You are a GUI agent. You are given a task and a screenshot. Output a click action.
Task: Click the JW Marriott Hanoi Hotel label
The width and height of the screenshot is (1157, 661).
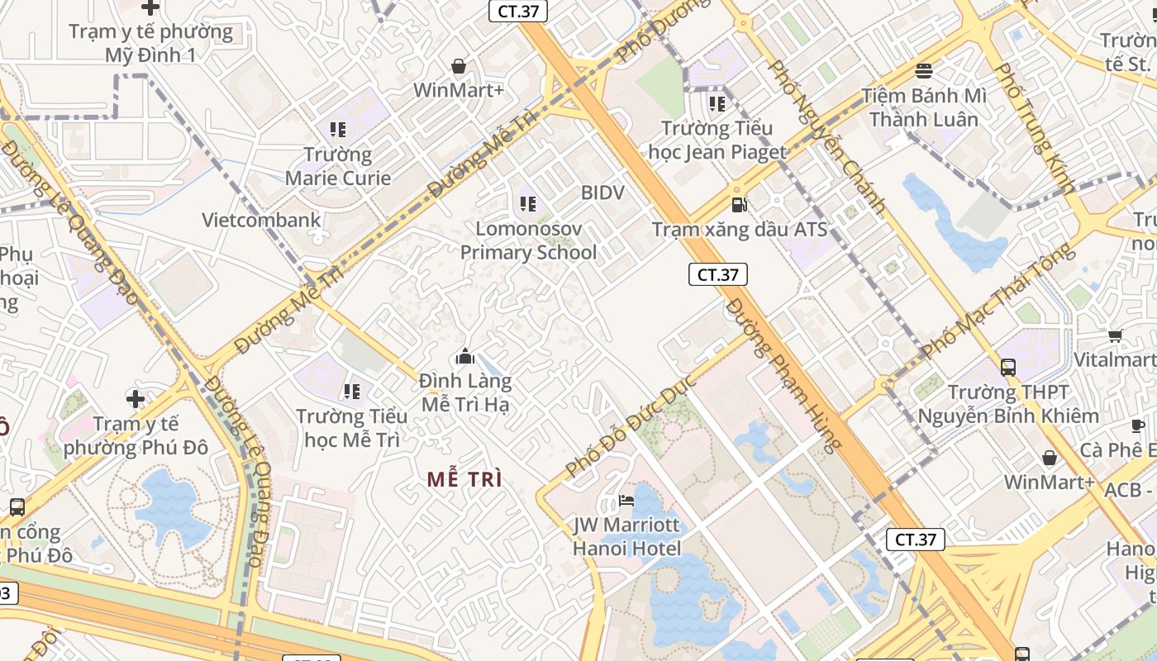(x=627, y=536)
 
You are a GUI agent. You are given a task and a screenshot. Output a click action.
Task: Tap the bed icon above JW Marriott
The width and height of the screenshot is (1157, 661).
(x=627, y=501)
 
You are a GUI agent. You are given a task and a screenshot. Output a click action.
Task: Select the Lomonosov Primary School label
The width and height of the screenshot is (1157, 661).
(x=528, y=240)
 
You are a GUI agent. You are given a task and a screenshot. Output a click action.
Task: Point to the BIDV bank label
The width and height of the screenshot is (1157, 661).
(x=602, y=193)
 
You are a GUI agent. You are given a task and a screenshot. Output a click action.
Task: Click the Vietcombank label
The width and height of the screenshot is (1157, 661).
(x=261, y=220)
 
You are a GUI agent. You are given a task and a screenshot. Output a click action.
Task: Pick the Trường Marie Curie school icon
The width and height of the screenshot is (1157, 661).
(x=337, y=129)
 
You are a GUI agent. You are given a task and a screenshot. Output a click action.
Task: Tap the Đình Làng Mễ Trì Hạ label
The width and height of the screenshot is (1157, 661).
(x=465, y=392)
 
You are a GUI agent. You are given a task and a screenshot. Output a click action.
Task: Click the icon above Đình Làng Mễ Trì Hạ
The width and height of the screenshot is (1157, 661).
(x=465, y=357)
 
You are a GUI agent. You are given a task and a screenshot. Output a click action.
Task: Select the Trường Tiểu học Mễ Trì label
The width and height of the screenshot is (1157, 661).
(x=352, y=427)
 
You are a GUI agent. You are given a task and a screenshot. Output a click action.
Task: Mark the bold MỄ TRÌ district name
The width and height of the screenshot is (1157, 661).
(x=465, y=479)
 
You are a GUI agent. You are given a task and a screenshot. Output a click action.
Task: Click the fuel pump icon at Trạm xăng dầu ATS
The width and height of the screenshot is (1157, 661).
(x=739, y=204)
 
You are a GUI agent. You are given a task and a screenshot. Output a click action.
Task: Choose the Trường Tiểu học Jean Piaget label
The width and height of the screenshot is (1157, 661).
(x=717, y=140)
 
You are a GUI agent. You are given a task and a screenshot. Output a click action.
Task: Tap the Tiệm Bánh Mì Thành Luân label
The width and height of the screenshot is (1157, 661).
(x=924, y=107)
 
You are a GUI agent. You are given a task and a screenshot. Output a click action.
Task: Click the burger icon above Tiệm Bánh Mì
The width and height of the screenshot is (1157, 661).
(x=924, y=71)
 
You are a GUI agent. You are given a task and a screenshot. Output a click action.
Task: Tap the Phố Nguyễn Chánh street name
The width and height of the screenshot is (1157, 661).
(x=827, y=137)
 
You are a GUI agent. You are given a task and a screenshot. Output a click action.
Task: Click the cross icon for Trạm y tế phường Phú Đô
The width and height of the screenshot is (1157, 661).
(x=136, y=399)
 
